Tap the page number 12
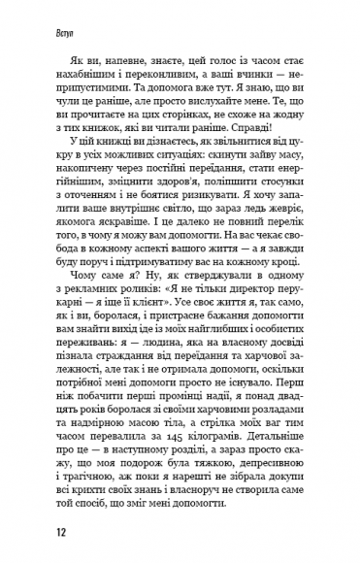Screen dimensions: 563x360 click(35, 533)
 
